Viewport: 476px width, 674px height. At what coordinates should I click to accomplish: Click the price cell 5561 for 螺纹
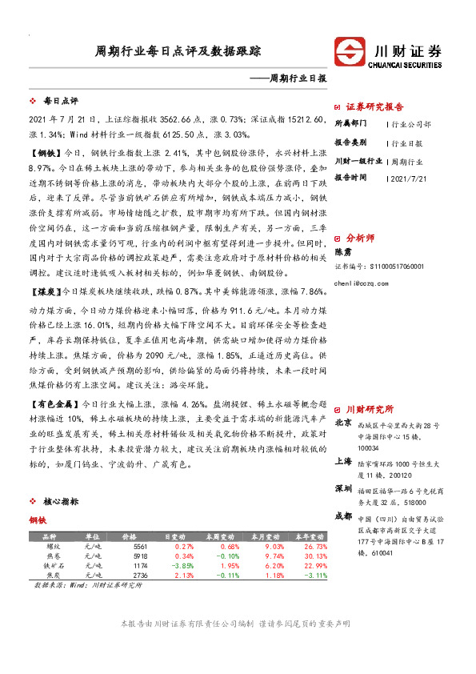[141, 546]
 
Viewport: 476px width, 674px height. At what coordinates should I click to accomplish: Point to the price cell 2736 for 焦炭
[141, 575]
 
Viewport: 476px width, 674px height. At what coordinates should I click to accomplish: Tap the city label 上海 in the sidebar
[343, 461]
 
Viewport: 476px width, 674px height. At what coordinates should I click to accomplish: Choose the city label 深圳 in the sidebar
[343, 488]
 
